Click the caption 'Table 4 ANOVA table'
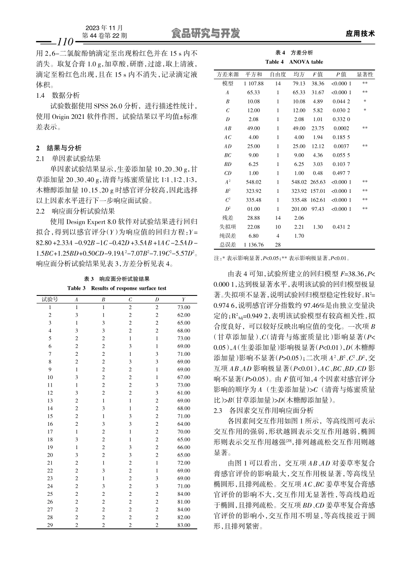[x=294, y=62]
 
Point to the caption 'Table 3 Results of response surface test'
[x=117, y=288]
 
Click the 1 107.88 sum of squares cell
[x=253, y=83]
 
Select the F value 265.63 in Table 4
[x=318, y=182]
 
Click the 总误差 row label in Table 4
[x=228, y=244]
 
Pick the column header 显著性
[x=365, y=74]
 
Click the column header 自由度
[x=278, y=74]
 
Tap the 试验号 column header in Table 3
[x=50, y=299]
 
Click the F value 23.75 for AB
[x=318, y=128]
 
